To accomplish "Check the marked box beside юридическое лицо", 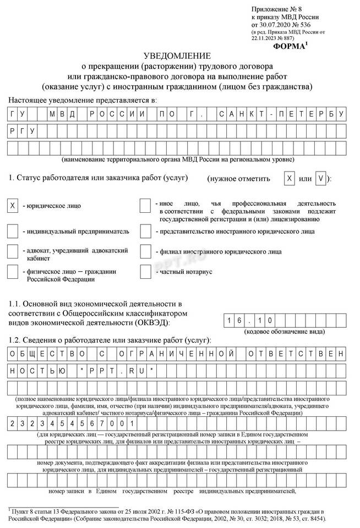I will (x=12, y=206).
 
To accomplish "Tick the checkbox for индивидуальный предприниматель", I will (x=12, y=231).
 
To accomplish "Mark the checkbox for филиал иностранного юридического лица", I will (x=145, y=251).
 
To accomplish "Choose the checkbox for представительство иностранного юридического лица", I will (x=145, y=231).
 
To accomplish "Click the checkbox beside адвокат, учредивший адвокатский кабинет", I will (x=12, y=251).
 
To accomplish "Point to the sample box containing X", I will (x=289, y=179).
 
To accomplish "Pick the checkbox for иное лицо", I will (x=145, y=206).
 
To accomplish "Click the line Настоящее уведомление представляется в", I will (x=83, y=100).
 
